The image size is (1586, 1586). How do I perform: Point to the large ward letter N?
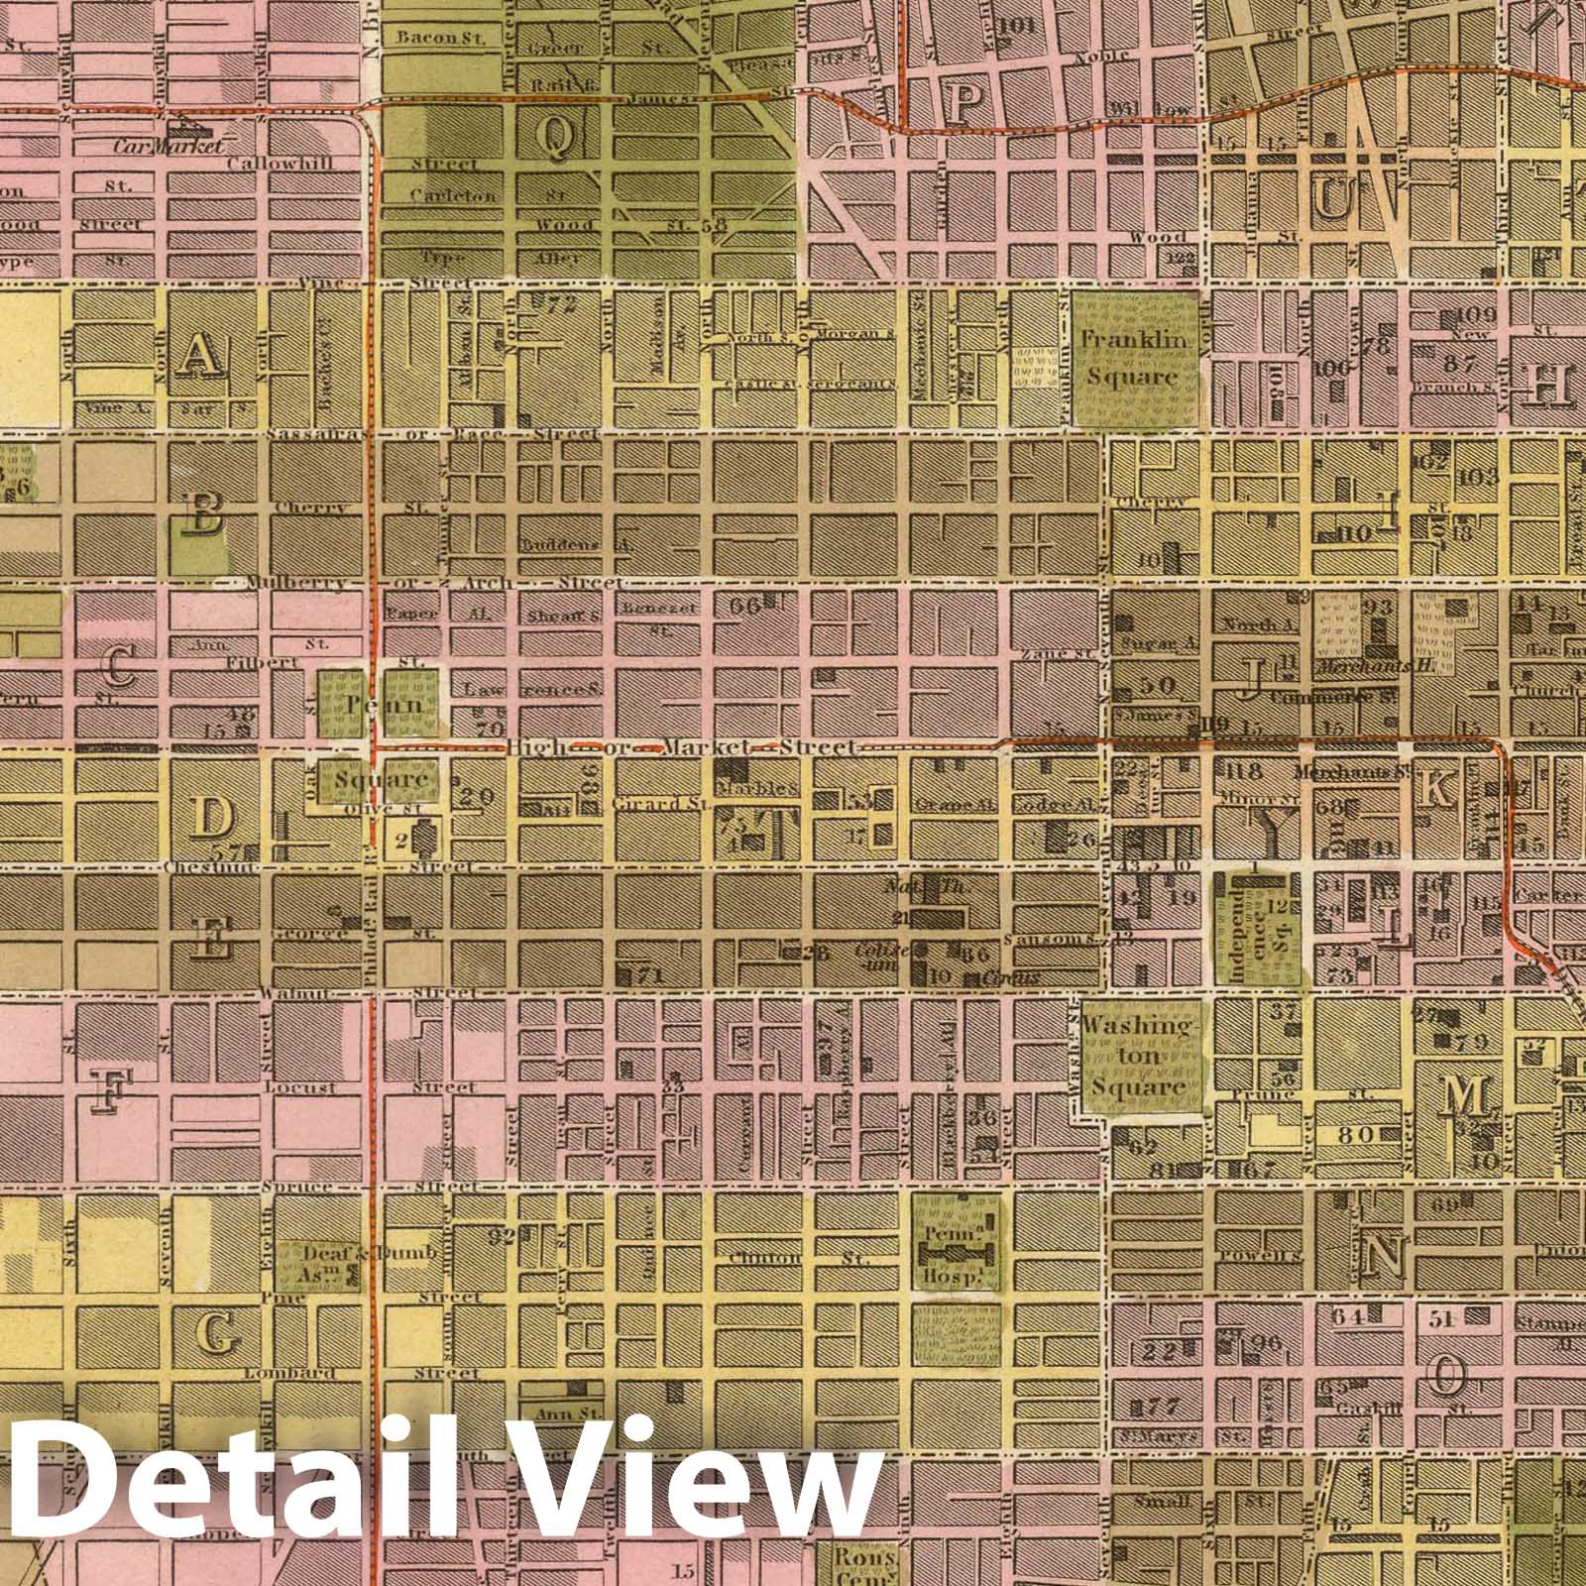(x=1382, y=1257)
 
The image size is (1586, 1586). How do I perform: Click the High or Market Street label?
(x=679, y=746)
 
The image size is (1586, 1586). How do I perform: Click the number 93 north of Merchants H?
(x=1379, y=607)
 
